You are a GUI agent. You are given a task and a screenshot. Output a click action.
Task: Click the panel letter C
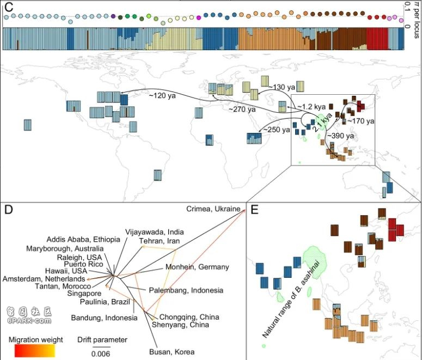pyautogui.click(x=9, y=7)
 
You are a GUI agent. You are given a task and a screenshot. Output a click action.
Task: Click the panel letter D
pyautogui.click(x=9, y=209)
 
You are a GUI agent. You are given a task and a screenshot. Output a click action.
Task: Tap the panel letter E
pyautogui.click(x=254, y=209)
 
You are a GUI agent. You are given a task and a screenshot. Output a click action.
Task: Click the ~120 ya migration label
pyautogui.click(x=162, y=96)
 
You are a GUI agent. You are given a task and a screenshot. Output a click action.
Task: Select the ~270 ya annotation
pyautogui.click(x=242, y=109)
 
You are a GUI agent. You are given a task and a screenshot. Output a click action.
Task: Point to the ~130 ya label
pyautogui.click(x=282, y=87)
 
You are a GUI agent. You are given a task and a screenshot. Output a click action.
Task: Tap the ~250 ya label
pyautogui.click(x=277, y=130)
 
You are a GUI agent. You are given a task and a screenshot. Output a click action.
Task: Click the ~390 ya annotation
pyautogui.click(x=340, y=136)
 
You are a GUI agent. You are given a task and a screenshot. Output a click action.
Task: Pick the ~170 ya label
pyautogui.click(x=360, y=121)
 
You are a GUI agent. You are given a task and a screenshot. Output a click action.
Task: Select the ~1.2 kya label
pyautogui.click(x=311, y=107)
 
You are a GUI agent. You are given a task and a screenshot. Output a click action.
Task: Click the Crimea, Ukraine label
pyautogui.click(x=213, y=209)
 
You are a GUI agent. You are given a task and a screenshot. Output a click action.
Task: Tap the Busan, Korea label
pyautogui.click(x=172, y=352)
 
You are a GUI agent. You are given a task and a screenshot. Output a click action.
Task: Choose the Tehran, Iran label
pyautogui.click(x=160, y=241)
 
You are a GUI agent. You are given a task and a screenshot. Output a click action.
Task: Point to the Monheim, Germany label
pyautogui.click(x=197, y=267)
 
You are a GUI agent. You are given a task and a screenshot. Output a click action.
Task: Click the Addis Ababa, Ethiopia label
pyautogui.click(x=83, y=240)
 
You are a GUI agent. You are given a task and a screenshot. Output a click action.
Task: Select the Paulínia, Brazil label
pyautogui.click(x=105, y=302)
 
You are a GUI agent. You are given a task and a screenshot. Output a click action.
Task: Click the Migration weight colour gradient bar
pyautogui.click(x=35, y=351)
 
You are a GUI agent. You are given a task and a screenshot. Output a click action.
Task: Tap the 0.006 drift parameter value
pyautogui.click(x=101, y=353)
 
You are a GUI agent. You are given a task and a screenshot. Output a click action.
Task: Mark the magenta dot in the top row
pyautogui.click(x=199, y=18)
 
